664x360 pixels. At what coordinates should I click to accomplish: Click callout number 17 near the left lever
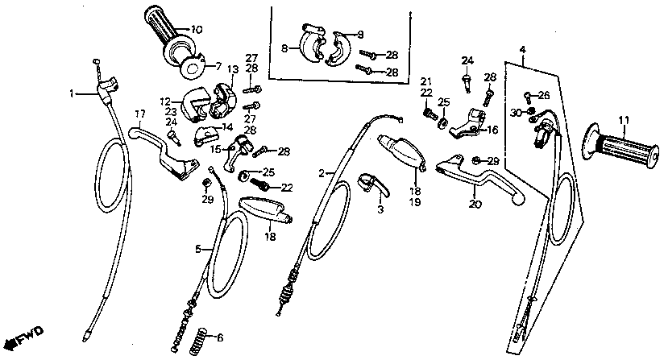(x=139, y=113)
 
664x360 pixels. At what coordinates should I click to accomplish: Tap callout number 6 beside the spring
(x=221, y=337)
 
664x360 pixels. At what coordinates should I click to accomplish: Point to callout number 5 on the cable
(x=196, y=250)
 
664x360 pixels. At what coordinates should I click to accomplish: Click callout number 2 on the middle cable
(x=322, y=173)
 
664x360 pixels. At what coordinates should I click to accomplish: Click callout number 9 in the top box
(x=360, y=34)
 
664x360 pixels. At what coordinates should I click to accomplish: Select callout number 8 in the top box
(x=284, y=48)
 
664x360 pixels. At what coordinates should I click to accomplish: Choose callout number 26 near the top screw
(x=544, y=94)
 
